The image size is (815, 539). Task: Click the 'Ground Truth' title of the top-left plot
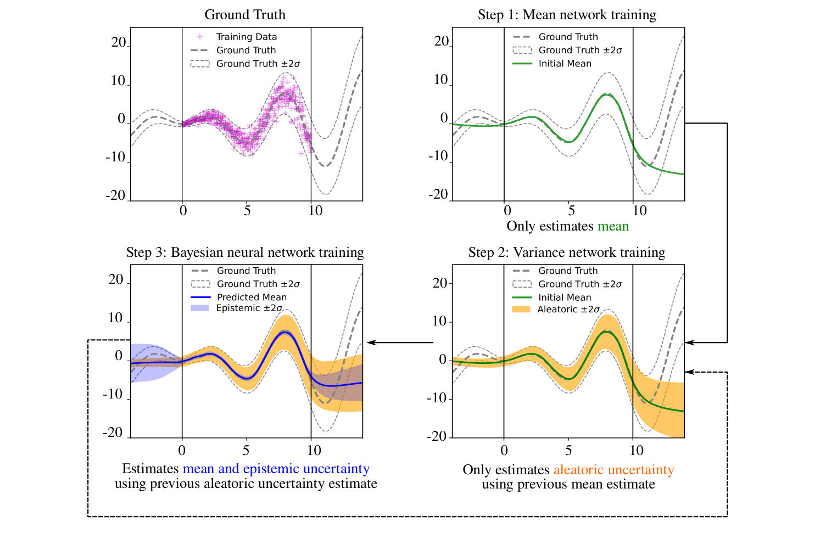pyautogui.click(x=245, y=15)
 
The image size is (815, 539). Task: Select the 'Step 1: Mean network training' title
pyautogui.click(x=567, y=15)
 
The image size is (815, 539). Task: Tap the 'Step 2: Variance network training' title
pyautogui.click(x=566, y=252)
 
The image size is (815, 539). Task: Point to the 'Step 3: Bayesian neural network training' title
pyautogui.click(x=245, y=252)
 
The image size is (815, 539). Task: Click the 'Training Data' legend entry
pyautogui.click(x=246, y=37)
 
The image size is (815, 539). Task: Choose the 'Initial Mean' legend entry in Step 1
pyautogui.click(x=565, y=64)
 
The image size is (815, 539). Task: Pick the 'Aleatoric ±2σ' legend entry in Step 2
pyautogui.click(x=568, y=310)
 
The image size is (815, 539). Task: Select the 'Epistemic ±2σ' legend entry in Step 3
pyautogui.click(x=249, y=308)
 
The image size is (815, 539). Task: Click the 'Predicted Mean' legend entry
pyautogui.click(x=252, y=297)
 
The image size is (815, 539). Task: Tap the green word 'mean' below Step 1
pyautogui.click(x=613, y=226)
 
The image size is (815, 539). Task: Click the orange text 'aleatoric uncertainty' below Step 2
pyautogui.click(x=613, y=470)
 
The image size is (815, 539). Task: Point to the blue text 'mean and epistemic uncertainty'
pyautogui.click(x=276, y=469)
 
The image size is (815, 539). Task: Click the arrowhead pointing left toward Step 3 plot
pyautogui.click(x=371, y=343)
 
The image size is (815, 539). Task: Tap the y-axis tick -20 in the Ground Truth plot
pyautogui.click(x=116, y=196)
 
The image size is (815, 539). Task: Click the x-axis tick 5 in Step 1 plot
pyautogui.click(x=571, y=211)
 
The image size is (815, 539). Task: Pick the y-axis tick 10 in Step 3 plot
pyautogui.click(x=115, y=318)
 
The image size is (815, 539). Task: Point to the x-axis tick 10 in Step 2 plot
pyautogui.click(x=636, y=451)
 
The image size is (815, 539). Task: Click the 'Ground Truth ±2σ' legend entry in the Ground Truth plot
pyautogui.click(x=258, y=64)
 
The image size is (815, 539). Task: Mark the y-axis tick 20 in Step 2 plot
pyautogui.click(x=440, y=283)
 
